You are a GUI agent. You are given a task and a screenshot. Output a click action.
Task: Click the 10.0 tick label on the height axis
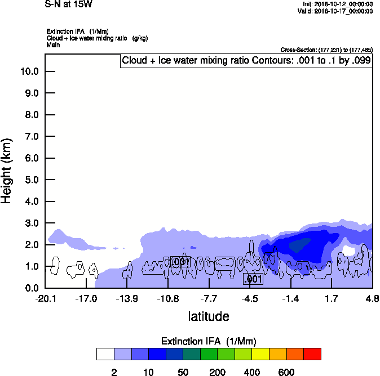pyautogui.click(x=29, y=71)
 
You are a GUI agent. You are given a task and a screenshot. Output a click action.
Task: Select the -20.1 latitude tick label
pyautogui.click(x=45, y=298)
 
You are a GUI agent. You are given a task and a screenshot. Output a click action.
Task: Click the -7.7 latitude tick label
pyautogui.click(x=209, y=298)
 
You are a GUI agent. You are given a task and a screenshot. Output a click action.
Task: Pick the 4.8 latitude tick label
pyautogui.click(x=372, y=298)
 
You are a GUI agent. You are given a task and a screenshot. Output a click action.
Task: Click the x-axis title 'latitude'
pyautogui.click(x=209, y=316)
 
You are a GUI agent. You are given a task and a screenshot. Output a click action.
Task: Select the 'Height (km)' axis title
pyautogui.click(x=7, y=170)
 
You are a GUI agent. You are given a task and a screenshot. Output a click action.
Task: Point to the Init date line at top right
pyautogui.click(x=337, y=5)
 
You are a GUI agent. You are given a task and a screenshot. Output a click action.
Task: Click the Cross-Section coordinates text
pyautogui.click(x=326, y=50)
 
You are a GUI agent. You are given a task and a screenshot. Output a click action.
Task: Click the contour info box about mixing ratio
pyautogui.click(x=246, y=61)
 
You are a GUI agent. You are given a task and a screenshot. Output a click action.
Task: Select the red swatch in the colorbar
pyautogui.click(x=312, y=354)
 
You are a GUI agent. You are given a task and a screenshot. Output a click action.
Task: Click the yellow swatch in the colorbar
pyautogui.click(x=260, y=354)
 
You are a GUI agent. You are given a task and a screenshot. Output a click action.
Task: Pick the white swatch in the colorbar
pyautogui.click(x=105, y=354)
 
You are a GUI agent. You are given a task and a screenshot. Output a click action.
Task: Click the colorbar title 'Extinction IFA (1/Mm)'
pyautogui.click(x=209, y=341)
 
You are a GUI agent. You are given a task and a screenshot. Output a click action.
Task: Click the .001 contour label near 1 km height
pyautogui.click(x=179, y=262)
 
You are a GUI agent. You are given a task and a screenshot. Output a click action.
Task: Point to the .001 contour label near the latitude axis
pyautogui.click(x=253, y=279)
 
